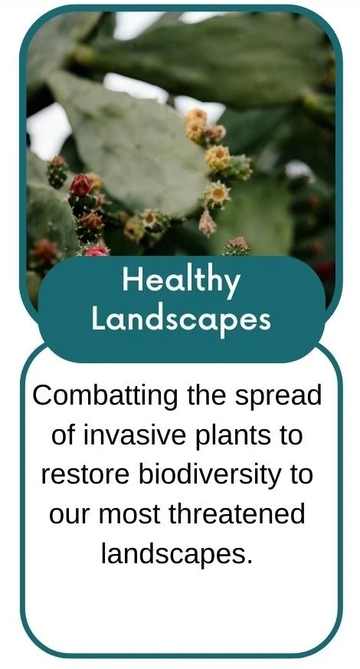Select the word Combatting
(x=105, y=396)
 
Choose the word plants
(x=234, y=437)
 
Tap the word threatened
(x=237, y=514)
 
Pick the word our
(x=70, y=517)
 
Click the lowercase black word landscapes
(x=174, y=554)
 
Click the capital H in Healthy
(x=132, y=280)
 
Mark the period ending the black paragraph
(x=249, y=562)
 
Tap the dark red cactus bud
(x=81, y=185)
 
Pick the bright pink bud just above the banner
(x=96, y=251)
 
